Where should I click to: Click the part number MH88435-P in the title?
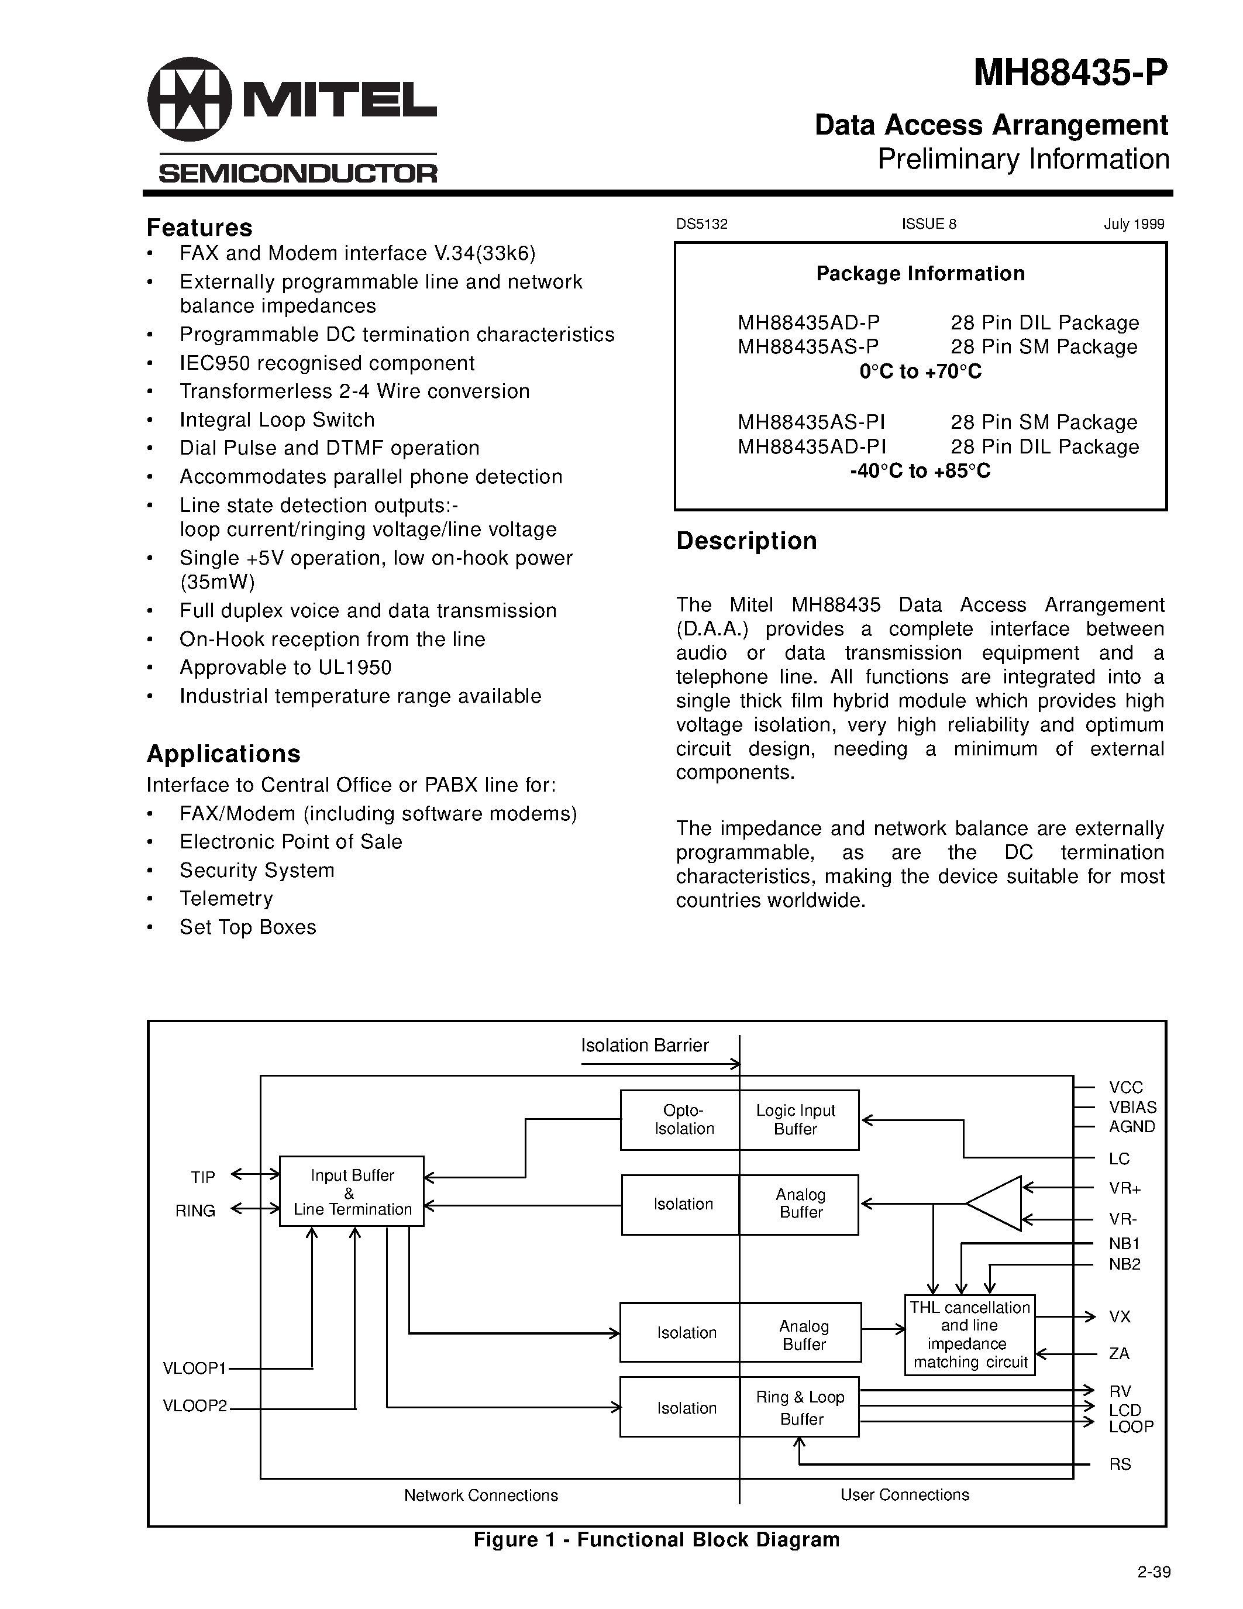coord(1069,74)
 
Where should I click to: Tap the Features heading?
coord(199,227)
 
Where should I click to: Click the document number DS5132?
coord(702,224)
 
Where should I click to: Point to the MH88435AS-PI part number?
coord(811,422)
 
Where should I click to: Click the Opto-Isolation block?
coord(680,1120)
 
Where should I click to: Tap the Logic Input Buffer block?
coord(799,1120)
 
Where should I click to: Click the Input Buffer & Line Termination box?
coord(351,1191)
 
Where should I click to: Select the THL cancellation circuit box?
coord(969,1335)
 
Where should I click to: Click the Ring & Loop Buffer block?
coord(799,1407)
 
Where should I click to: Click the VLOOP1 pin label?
coord(194,1368)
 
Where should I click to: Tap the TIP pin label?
coord(202,1177)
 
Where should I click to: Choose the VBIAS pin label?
coord(1132,1108)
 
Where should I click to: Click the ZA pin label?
coord(1120,1353)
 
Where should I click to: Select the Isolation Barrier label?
coord(645,1046)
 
